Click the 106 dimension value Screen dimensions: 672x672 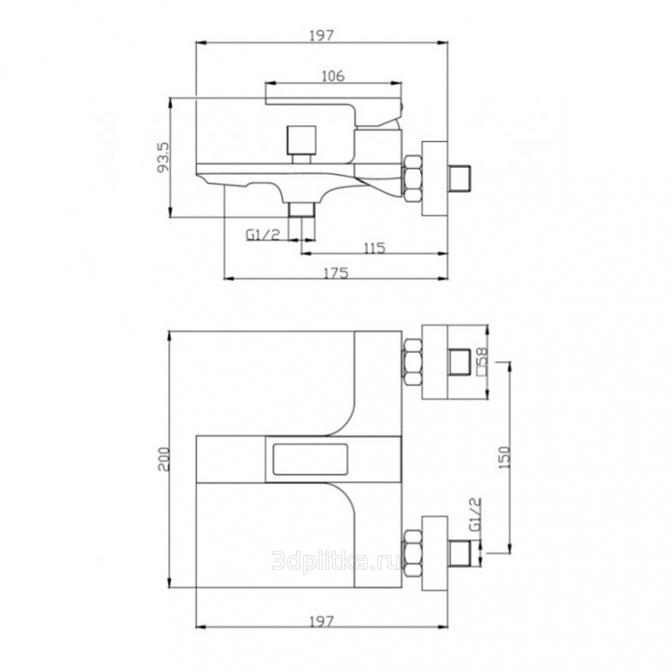[333, 76]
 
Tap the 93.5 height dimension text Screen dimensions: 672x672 [165, 157]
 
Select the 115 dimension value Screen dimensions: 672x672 [374, 248]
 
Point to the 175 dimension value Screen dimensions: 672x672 [336, 273]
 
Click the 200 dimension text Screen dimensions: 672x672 [164, 460]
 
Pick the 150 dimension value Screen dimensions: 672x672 [505, 457]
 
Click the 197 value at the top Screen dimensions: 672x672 [321, 35]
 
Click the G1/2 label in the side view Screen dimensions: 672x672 [263, 234]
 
